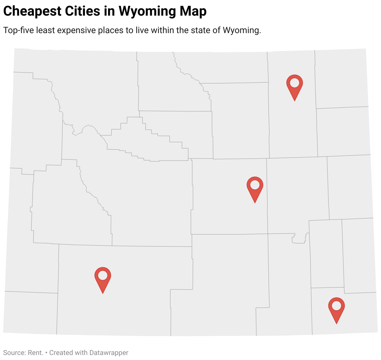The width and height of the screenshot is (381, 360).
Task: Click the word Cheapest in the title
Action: pos(32,11)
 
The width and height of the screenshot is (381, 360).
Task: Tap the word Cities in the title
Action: pos(82,11)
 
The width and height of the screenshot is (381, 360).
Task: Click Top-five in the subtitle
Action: pos(18,30)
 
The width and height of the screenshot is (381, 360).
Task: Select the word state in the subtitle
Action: pos(200,30)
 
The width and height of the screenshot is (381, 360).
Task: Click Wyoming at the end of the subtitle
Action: pos(241,30)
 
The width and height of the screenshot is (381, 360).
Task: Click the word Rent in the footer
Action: pos(35,353)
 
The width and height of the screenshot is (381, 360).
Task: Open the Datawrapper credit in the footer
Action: pos(108,353)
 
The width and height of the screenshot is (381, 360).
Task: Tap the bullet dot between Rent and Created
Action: pos(46,353)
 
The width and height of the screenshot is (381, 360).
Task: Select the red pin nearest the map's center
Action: pos(255,187)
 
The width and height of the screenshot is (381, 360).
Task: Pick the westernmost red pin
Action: pos(103,278)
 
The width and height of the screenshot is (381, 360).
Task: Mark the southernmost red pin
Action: pos(336,308)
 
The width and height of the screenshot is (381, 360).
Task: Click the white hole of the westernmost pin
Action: pos(103,275)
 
